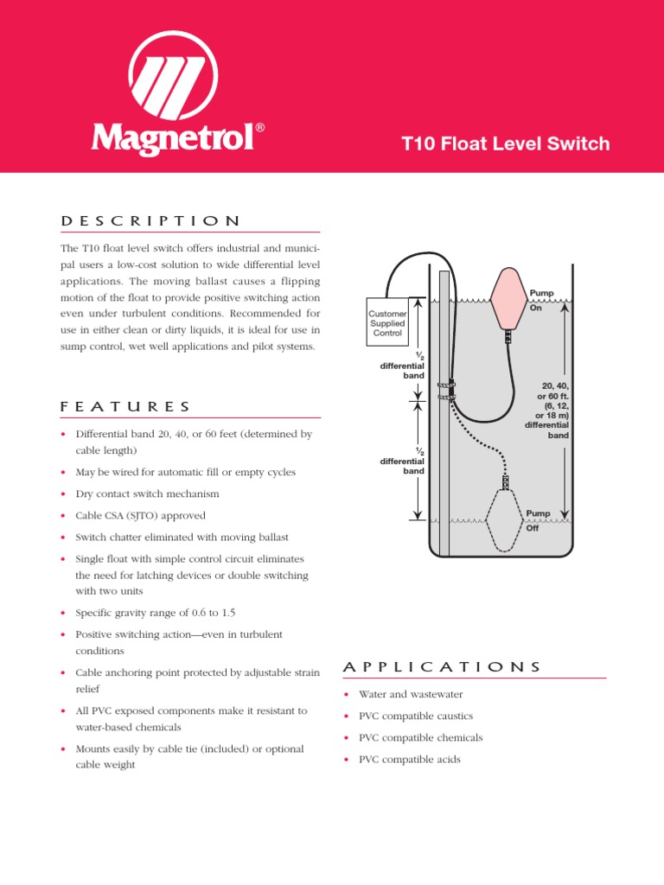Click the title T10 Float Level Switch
click(x=507, y=143)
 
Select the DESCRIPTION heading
click(x=151, y=221)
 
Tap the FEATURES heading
click(x=126, y=406)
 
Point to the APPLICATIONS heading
click(x=442, y=666)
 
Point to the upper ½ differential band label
click(x=403, y=366)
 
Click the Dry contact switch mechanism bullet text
click(x=147, y=493)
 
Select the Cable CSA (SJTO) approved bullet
click(x=140, y=515)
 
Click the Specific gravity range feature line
click(x=156, y=613)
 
